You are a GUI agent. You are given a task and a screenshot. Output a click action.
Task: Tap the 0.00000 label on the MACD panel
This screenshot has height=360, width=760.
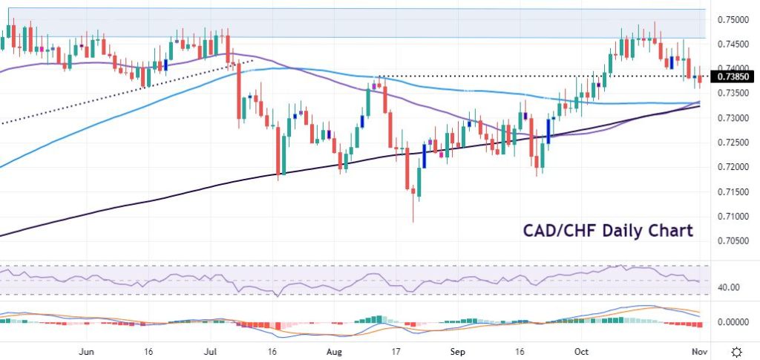click(732, 322)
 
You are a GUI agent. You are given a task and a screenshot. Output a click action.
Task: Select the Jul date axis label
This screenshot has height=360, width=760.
click(212, 350)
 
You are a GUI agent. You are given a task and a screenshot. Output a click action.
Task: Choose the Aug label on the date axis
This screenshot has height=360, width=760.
click(335, 350)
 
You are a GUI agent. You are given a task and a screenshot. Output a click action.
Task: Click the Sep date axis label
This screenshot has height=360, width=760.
click(459, 350)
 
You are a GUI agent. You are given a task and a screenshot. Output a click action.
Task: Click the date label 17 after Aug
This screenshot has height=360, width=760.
click(397, 350)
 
